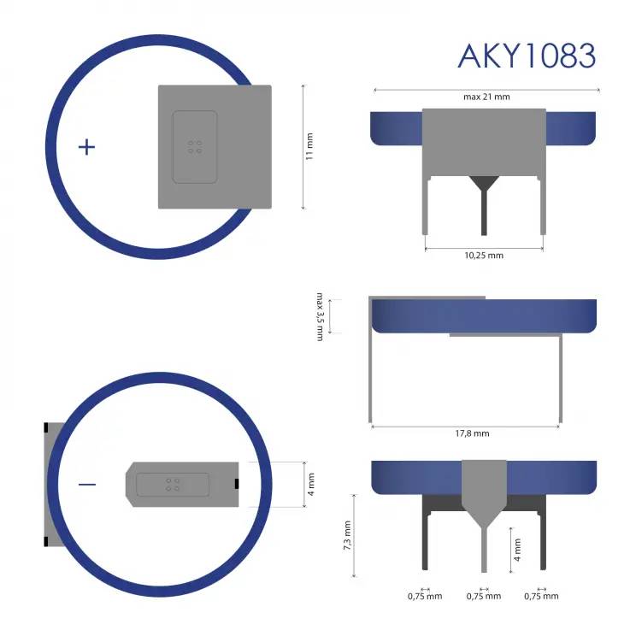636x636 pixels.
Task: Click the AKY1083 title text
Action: click(526, 55)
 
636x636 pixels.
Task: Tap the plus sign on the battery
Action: click(86, 147)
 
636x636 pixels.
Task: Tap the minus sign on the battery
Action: click(87, 485)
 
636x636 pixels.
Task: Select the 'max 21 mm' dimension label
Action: click(486, 97)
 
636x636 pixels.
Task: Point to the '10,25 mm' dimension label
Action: click(484, 256)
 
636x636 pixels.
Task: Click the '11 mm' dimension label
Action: click(310, 147)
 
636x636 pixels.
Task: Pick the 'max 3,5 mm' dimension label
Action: click(321, 316)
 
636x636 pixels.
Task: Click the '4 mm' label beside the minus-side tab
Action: click(311, 486)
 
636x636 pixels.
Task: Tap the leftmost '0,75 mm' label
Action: click(425, 596)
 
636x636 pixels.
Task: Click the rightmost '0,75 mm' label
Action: click(541, 596)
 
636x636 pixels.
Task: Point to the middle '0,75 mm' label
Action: click(484, 596)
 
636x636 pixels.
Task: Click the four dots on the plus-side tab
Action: click(195, 147)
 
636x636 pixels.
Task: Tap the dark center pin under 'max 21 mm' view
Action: click(485, 209)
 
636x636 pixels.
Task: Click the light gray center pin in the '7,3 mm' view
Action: click(485, 547)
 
